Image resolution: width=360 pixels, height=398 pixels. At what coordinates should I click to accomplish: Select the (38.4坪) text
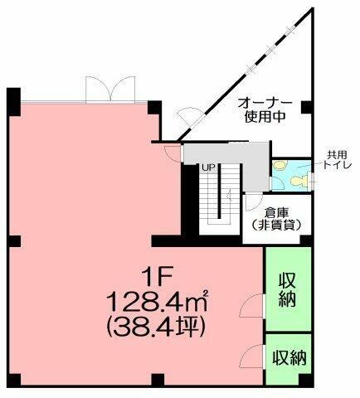pyautogui.click(x=158, y=324)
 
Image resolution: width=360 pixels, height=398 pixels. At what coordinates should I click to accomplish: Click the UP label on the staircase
pyautogui.click(x=208, y=168)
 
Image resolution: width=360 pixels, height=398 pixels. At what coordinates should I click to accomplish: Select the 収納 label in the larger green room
pyautogui.click(x=287, y=289)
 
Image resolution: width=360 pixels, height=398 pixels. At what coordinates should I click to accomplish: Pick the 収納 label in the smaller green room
pyautogui.click(x=288, y=357)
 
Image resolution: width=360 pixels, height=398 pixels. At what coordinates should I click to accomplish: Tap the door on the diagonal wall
pyautogui.click(x=190, y=120)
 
